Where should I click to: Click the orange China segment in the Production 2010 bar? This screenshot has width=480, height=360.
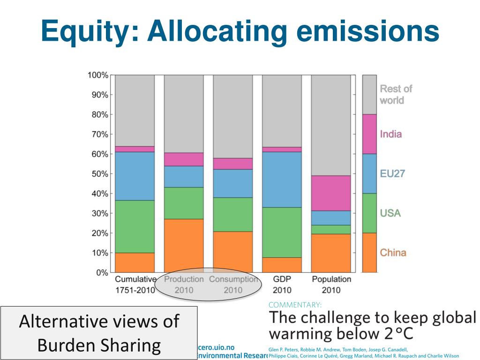point(184,245)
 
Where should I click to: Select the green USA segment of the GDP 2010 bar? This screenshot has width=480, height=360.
point(282,232)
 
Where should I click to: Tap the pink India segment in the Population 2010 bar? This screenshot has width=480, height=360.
point(331,193)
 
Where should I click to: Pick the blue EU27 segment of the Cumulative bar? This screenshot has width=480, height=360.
point(135,176)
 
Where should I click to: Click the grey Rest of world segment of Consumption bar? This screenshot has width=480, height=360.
point(233,116)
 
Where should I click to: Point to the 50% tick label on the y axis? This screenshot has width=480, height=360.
point(99,174)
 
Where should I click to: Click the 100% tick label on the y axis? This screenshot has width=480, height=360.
point(97,75)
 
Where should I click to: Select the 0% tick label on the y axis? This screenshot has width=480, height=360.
point(102,272)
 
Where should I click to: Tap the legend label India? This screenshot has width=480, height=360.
point(390,134)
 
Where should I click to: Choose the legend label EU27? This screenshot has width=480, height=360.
point(392,174)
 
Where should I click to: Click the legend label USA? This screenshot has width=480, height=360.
point(390,213)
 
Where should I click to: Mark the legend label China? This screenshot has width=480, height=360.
point(393,253)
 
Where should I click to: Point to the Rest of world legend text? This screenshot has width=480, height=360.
point(396,94)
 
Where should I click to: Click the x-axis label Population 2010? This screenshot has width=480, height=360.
point(331,284)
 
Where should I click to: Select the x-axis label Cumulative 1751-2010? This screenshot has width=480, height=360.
point(135,284)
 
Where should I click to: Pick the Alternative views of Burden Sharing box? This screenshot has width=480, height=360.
point(99,333)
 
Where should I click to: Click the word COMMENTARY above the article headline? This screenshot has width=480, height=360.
point(295,305)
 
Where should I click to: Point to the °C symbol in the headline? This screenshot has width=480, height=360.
point(405,334)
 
